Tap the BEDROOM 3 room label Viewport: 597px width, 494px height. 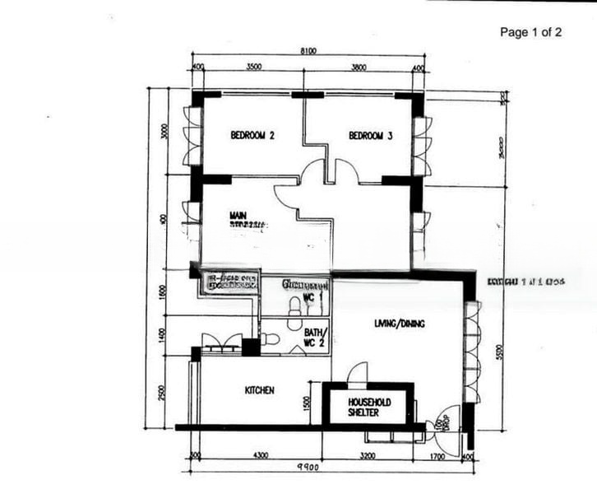[x=369, y=136]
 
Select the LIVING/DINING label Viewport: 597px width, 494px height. [x=399, y=324]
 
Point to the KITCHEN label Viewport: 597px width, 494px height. [x=260, y=390]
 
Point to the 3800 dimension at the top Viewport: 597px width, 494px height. [x=359, y=67]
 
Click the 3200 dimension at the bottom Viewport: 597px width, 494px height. [x=367, y=454]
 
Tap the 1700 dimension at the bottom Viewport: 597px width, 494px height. [x=436, y=454]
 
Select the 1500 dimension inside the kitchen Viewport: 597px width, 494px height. [x=307, y=403]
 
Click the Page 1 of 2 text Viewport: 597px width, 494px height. [x=531, y=32]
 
